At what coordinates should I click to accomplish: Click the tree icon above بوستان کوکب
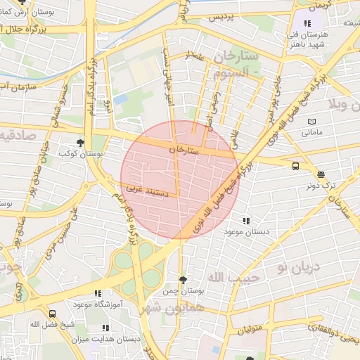[80, 141]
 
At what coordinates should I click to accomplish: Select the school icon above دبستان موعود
[245, 221]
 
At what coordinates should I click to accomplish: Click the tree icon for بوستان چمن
[184, 280]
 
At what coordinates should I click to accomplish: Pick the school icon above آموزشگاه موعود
[98, 293]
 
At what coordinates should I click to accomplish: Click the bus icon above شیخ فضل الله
[52, 314]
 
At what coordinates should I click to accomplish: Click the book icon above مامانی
[312, 121]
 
